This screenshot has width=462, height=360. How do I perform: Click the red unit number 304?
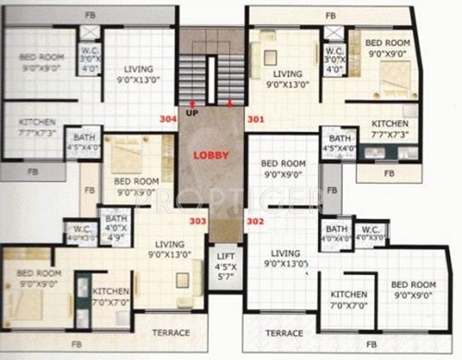pos(167,119)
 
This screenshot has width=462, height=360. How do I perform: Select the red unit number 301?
pos(255,119)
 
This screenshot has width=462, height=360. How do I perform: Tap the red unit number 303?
pos(198,221)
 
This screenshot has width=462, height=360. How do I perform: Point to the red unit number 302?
pos(255,222)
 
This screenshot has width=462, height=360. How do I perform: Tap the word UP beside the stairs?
pos(192,112)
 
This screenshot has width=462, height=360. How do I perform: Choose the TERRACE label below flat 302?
pos(285,331)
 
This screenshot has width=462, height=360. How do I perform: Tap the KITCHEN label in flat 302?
pos(350,300)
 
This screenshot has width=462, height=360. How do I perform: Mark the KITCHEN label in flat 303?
pos(112,294)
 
